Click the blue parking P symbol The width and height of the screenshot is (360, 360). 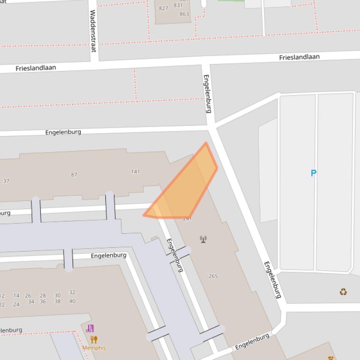click(314, 173)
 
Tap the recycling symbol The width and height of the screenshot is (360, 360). click(343, 292)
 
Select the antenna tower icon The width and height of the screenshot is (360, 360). click(203, 239)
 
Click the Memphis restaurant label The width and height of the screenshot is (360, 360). click(94, 348)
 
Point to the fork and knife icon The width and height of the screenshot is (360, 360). click(94, 339)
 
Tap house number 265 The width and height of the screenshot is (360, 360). click(213, 276)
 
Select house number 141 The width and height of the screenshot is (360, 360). click(135, 172)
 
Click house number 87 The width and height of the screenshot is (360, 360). click(74, 175)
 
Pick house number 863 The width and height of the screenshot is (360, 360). click(184, 14)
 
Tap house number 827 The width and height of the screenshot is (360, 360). click(163, 8)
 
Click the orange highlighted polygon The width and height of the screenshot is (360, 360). click(187, 187)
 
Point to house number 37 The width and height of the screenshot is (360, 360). click(6, 181)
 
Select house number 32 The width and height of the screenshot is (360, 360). click(72, 293)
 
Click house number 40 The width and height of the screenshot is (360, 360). click(72, 301)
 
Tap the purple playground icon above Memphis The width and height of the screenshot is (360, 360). click(90, 329)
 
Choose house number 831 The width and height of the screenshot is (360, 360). click(178, 6)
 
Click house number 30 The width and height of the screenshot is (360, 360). click(57, 295)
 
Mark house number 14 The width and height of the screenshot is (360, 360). click(16, 295)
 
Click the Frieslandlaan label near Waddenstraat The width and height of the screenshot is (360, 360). click(36, 68)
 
